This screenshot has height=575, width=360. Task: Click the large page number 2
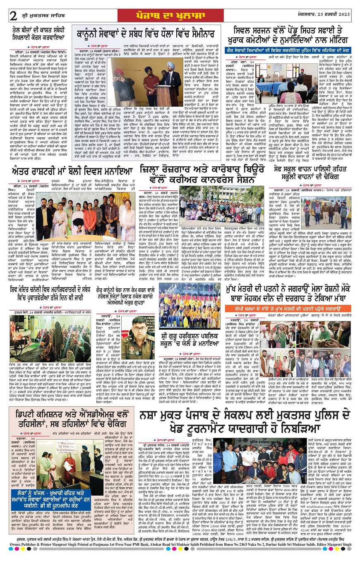(13, 16)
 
